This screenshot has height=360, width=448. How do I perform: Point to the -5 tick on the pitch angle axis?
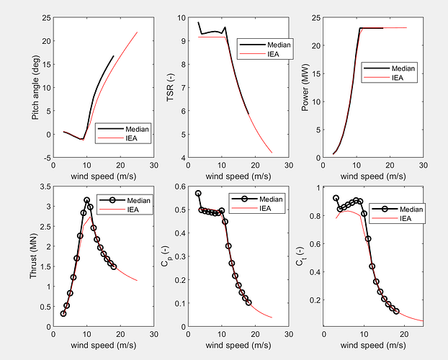click(45, 158)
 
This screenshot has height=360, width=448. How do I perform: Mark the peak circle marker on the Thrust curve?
click(87, 200)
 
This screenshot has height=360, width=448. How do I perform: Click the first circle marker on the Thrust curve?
click(63, 313)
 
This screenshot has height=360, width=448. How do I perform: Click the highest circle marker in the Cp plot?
click(198, 194)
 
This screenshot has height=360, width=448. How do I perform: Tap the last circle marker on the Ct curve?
click(396, 311)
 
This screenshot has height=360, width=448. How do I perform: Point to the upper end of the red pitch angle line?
click(137, 32)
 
